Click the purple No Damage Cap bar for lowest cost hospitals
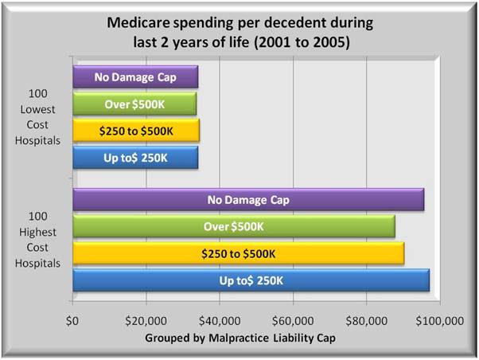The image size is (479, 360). click(x=135, y=77)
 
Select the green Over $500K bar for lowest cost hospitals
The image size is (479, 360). click(x=134, y=104)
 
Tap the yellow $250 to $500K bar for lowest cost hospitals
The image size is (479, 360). click(x=136, y=131)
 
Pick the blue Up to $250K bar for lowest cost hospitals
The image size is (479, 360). click(x=135, y=157)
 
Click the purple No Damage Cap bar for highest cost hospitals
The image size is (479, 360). click(x=247, y=200)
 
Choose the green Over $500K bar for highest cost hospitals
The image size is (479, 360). click(x=234, y=226)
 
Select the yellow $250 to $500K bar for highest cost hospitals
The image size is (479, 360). click(x=239, y=253)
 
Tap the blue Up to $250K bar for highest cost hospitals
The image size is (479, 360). click(x=251, y=280)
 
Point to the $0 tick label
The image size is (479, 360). click(x=73, y=323)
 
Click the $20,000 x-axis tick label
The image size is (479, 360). click(x=146, y=323)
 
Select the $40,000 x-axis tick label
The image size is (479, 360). click(x=220, y=323)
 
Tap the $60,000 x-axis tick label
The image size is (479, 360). click(x=293, y=323)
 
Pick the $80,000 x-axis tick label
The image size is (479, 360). click(x=366, y=323)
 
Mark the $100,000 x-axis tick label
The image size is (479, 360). click(x=438, y=323)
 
